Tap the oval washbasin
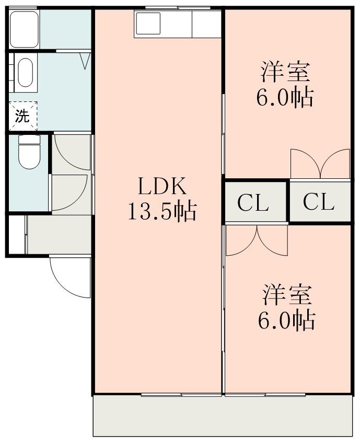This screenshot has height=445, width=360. tap(25, 72)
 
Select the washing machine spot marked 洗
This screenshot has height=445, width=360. tap(22, 116)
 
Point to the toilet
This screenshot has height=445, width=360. tap(28, 152)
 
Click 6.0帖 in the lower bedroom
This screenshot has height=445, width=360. tap(286, 320)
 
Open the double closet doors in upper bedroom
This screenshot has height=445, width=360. tap(320, 164)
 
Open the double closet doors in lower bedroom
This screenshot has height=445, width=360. tap(257, 240)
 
